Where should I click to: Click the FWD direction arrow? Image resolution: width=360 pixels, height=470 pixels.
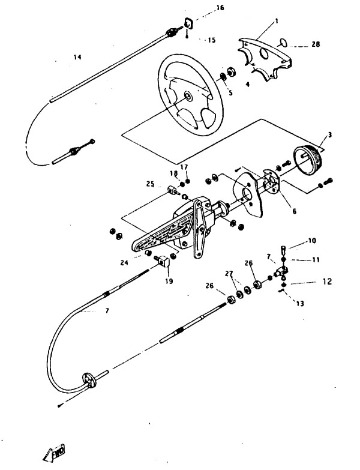[55, 453]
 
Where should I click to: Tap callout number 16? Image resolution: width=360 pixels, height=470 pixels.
[220, 7]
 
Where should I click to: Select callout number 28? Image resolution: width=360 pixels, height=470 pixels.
[316, 44]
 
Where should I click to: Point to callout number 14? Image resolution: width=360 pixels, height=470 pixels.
[77, 57]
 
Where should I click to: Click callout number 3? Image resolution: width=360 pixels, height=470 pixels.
[330, 135]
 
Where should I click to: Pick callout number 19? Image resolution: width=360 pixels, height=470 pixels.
[169, 281]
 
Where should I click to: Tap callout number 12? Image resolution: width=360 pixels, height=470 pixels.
[328, 282]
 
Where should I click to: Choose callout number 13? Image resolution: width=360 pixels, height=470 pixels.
[300, 304]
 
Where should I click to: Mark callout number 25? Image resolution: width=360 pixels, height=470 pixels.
[151, 184]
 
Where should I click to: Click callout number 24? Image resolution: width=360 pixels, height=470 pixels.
[124, 263]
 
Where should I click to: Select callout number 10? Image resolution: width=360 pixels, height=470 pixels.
[312, 241]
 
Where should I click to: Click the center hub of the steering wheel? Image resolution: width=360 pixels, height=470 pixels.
[188, 96]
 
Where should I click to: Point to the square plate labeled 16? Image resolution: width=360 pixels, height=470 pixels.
[188, 23]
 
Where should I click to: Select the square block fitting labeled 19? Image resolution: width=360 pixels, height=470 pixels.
[164, 261]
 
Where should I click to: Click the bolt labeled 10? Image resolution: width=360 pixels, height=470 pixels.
[284, 249]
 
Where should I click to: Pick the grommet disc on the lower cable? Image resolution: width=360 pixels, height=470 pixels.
[89, 379]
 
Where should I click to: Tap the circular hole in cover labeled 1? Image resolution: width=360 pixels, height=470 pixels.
[264, 54]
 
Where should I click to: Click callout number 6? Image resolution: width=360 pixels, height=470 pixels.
[295, 211]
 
